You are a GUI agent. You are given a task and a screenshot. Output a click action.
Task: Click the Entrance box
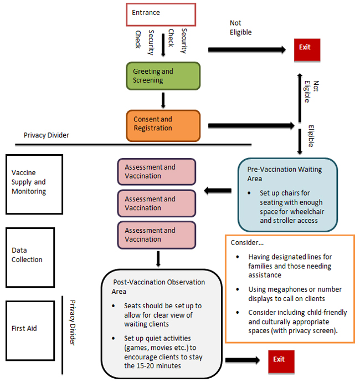161,14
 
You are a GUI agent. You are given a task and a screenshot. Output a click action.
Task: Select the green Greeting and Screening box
162,76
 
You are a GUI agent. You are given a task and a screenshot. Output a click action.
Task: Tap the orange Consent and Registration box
162,124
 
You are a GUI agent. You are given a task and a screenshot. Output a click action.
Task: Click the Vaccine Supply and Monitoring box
34,184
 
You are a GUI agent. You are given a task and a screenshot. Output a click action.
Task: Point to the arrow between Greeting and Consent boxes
163,100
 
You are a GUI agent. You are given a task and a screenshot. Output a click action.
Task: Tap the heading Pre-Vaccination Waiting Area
284,174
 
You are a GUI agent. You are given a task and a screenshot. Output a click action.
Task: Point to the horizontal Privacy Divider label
47,135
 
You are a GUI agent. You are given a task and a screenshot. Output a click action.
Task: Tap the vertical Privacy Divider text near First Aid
73,323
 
